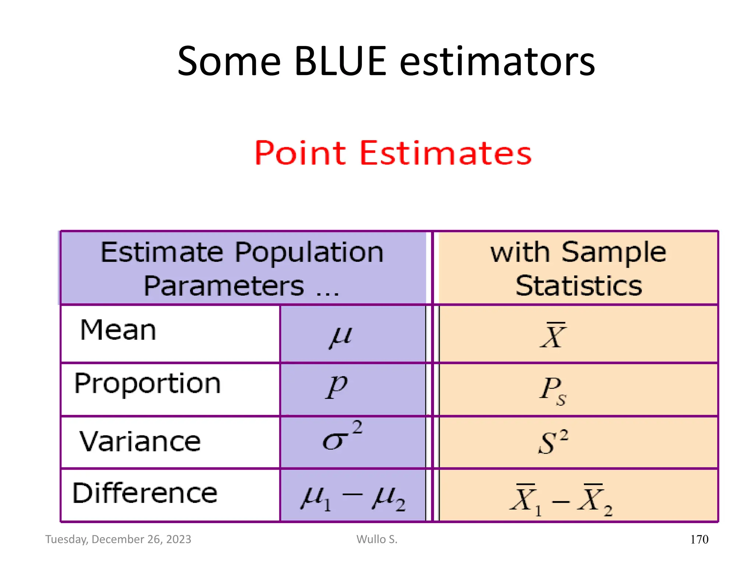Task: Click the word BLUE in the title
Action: (340, 61)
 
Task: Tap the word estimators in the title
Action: (497, 61)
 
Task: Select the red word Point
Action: (300, 153)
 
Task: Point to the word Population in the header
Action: (309, 253)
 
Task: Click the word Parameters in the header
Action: (224, 286)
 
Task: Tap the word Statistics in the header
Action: (579, 286)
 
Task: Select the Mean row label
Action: (118, 330)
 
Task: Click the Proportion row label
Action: (147, 384)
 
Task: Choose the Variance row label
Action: (140, 441)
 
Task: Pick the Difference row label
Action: (145, 493)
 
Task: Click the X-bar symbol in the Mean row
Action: (553, 335)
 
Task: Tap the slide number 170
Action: (699, 540)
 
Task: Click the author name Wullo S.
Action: (377, 539)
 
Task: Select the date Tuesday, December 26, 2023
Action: (118, 539)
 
